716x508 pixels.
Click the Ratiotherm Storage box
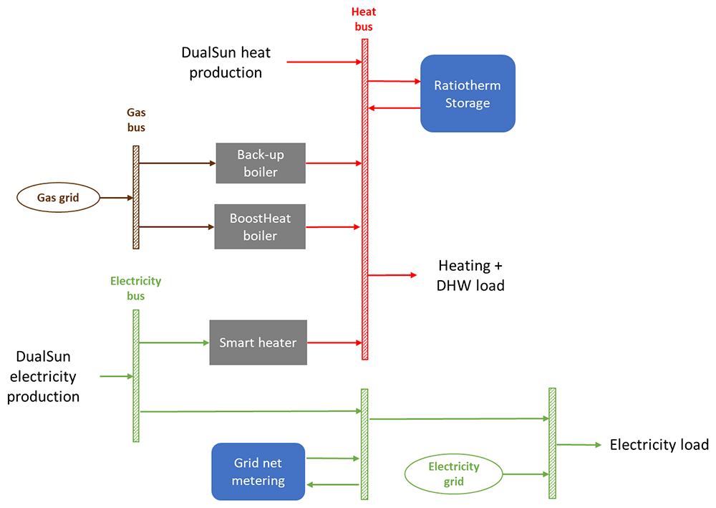tap(468, 94)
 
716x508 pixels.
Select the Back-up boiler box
tap(261, 163)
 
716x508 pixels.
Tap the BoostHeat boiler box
tap(260, 226)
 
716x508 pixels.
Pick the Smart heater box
tap(258, 342)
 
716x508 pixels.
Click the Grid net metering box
tap(258, 471)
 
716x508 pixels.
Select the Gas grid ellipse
tap(58, 197)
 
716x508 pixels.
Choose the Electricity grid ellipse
tap(453, 474)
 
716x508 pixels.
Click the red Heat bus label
tap(364, 19)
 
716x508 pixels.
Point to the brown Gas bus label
tap(136, 120)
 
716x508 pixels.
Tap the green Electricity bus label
tap(135, 288)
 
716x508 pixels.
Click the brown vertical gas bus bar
tap(136, 197)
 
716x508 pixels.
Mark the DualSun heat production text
tap(226, 62)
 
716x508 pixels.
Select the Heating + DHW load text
tap(470, 275)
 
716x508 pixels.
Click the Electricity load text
tap(659, 444)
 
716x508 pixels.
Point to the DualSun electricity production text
tap(44, 376)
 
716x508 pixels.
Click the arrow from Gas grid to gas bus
tap(117, 198)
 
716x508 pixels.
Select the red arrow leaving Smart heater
tap(334, 342)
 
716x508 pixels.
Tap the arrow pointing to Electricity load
tap(579, 444)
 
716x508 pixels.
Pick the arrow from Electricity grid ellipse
tap(526, 474)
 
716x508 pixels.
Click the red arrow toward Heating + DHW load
tap(392, 275)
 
